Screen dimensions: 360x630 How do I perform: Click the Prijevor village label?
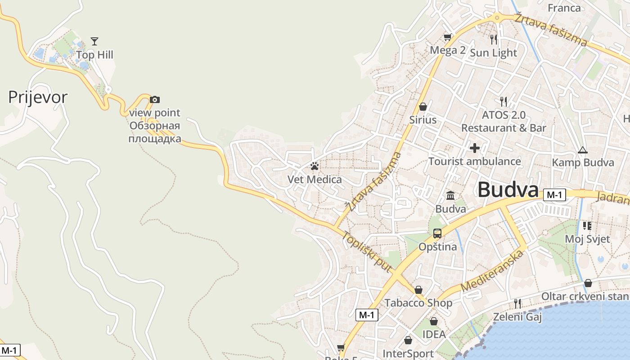pos(38,97)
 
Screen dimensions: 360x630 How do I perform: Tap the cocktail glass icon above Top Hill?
pos(94,41)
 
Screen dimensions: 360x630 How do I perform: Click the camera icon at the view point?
pos(155,99)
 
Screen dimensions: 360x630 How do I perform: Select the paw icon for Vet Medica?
pos(315,166)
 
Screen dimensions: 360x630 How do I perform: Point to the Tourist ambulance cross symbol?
pos(475,148)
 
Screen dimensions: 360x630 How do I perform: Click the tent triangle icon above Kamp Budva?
pos(583,150)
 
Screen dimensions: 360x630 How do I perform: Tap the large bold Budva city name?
pos(508,190)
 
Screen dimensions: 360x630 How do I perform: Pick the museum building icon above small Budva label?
pos(450,195)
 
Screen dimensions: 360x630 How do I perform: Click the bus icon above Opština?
pos(437,234)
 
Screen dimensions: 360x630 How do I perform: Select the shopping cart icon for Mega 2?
pos(447,37)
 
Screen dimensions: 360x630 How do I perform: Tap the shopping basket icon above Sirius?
pos(423,107)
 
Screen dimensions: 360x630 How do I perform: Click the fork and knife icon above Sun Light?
pos(494,40)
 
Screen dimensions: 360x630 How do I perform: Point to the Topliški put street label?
pos(366,252)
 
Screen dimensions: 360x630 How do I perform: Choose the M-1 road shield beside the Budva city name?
pos(554,195)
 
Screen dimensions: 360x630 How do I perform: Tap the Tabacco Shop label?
pos(418,303)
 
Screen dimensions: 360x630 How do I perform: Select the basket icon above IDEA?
pos(434,321)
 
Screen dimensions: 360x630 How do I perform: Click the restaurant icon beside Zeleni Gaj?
pos(517,304)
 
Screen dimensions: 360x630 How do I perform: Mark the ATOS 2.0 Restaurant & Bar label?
pos(504,121)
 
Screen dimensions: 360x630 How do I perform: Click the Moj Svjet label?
pos(587,239)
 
